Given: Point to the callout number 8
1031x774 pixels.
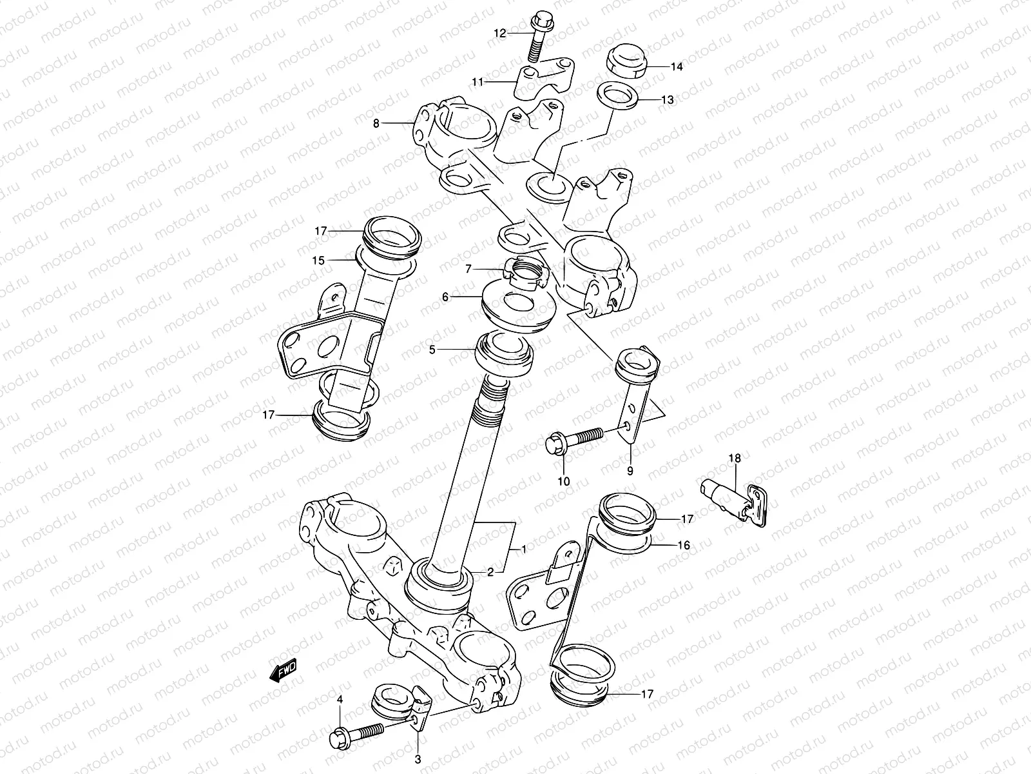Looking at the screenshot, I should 376,122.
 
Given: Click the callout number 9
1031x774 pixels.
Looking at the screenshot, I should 630,471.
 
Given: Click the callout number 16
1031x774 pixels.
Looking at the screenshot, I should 683,546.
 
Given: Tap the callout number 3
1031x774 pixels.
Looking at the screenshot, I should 417,760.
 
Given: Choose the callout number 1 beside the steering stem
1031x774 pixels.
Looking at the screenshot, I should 524,550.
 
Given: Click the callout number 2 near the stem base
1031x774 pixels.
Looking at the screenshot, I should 490,572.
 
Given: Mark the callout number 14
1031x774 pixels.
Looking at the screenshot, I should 677,66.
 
